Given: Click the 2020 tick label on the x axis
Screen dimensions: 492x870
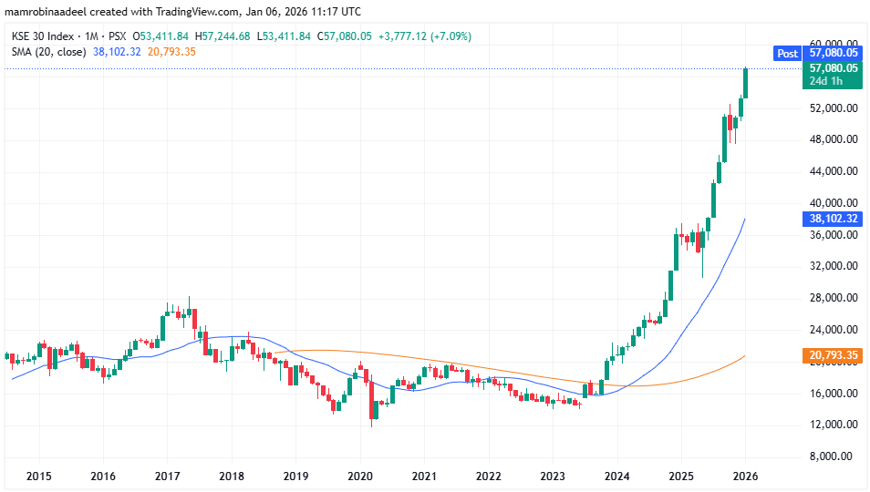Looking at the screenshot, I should click(x=360, y=477).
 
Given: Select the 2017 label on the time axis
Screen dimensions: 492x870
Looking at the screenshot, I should click(x=168, y=477).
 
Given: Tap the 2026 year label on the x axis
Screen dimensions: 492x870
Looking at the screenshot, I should click(x=745, y=477).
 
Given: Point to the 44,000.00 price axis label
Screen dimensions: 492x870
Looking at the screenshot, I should click(x=833, y=171).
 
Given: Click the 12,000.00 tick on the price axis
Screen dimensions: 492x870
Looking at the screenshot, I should click(x=833, y=425).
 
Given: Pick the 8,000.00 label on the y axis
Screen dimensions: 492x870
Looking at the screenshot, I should click(x=834, y=456).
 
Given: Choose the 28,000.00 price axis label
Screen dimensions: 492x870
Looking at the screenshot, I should click(x=833, y=298).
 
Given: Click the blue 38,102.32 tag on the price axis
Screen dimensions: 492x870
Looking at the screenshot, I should click(x=834, y=219).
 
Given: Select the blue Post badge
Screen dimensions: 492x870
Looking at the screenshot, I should click(x=787, y=54).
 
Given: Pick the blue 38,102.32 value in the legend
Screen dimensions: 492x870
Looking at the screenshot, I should click(x=118, y=52).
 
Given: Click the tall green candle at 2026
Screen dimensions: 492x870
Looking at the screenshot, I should click(x=746, y=83).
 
